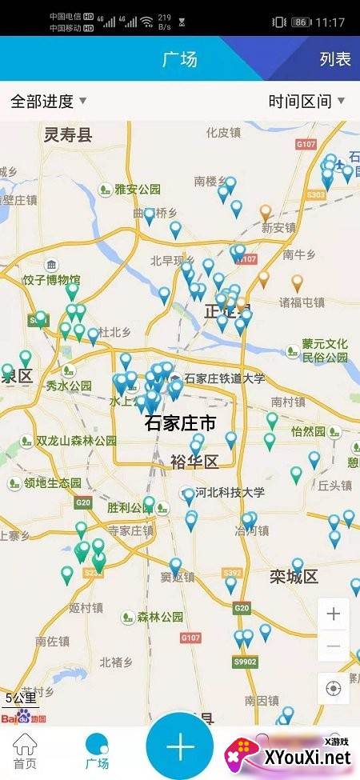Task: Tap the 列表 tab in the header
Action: (335, 59)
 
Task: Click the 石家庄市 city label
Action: (180, 423)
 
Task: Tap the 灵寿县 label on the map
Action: (68, 134)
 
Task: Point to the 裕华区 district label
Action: (194, 462)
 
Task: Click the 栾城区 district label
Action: (294, 576)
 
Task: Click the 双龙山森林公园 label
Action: (77, 441)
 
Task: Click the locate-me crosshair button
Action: (333, 688)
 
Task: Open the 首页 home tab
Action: (25, 752)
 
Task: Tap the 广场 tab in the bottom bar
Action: (98, 752)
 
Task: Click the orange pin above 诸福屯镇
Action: (297, 282)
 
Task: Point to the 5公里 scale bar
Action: (19, 698)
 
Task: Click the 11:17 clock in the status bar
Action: (330, 22)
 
